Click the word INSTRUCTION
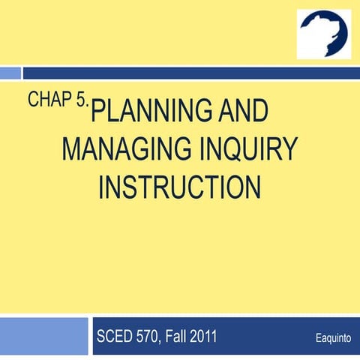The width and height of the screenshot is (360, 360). (x=179, y=186)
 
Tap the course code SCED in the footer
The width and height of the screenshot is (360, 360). (x=115, y=336)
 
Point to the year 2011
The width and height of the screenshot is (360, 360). (x=205, y=336)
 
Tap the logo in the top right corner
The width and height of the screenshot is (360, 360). (x=323, y=34)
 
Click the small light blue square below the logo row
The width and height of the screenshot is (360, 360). (x=10, y=73)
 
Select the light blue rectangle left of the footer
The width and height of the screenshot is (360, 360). (x=43, y=335)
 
